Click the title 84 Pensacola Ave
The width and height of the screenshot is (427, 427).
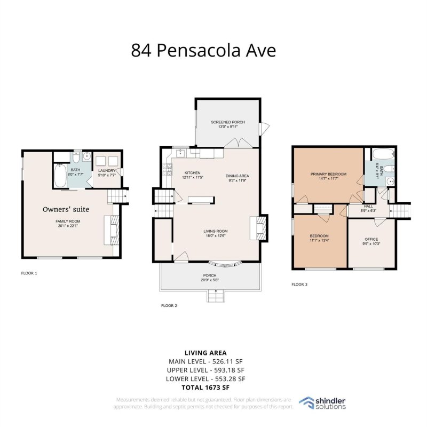point(204,51)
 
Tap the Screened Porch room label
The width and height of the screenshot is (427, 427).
point(227,122)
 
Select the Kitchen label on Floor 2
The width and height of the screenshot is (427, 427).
point(192,173)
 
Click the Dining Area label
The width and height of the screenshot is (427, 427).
point(237,176)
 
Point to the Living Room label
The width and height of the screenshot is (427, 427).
point(216,231)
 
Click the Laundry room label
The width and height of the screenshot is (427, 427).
point(106,171)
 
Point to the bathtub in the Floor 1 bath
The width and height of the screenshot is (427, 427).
point(59,173)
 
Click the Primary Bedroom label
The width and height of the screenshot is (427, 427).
point(328,174)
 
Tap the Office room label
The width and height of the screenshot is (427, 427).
point(371,239)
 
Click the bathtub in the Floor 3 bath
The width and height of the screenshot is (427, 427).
point(381,154)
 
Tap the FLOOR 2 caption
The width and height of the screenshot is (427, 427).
point(169,306)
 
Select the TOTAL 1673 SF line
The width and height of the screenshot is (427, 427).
point(205,387)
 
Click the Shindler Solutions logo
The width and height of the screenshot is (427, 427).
point(322,403)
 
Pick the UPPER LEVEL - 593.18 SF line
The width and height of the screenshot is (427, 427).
point(205,370)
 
